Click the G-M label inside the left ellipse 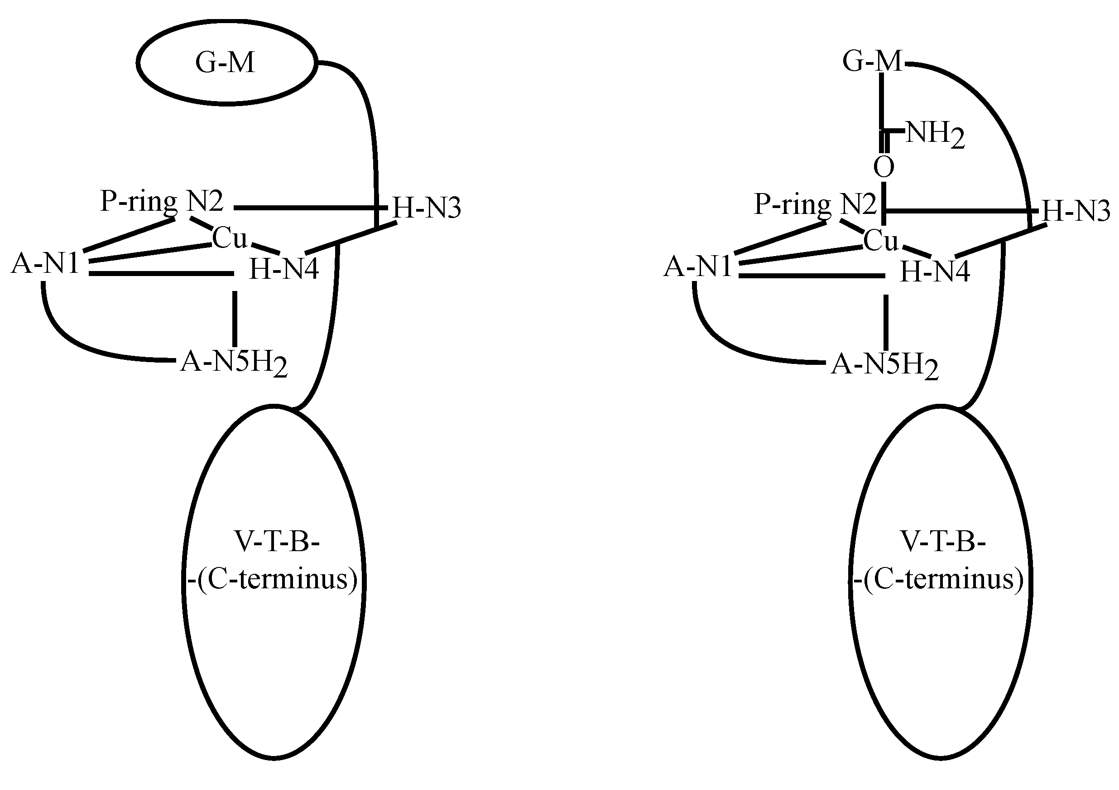(225, 63)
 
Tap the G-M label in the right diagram (872, 62)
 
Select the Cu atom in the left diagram (230, 238)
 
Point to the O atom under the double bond (884, 167)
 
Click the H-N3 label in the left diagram (427, 208)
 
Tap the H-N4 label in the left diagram (284, 269)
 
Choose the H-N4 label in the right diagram (935, 271)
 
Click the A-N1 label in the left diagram (45, 264)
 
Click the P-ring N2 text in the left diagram (161, 201)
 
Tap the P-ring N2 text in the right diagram (815, 204)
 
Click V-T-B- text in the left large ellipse (277, 541)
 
